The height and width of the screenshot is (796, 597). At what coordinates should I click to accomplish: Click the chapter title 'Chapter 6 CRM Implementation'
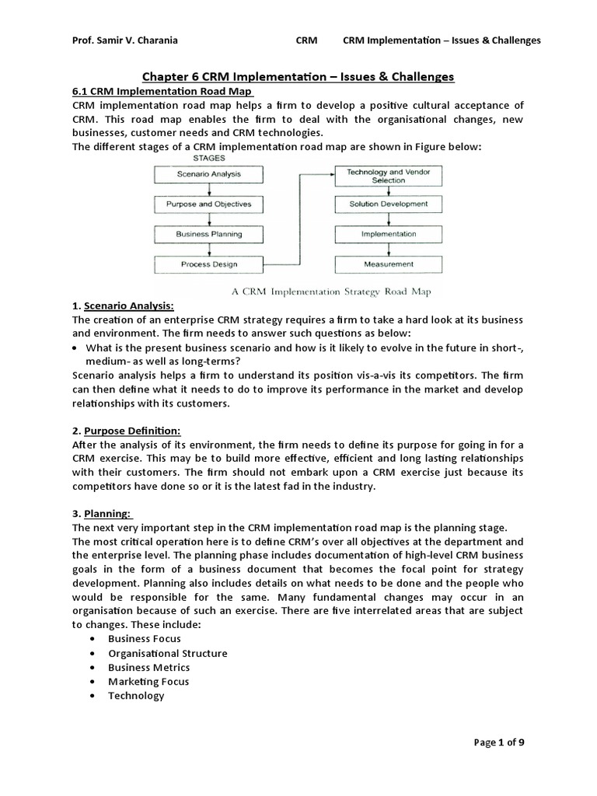(298, 76)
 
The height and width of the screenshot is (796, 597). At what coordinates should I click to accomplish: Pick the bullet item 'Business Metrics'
(148, 667)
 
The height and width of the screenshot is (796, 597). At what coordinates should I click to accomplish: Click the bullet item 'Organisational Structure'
(167, 653)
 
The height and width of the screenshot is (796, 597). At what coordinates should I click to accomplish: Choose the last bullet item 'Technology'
(136, 696)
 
